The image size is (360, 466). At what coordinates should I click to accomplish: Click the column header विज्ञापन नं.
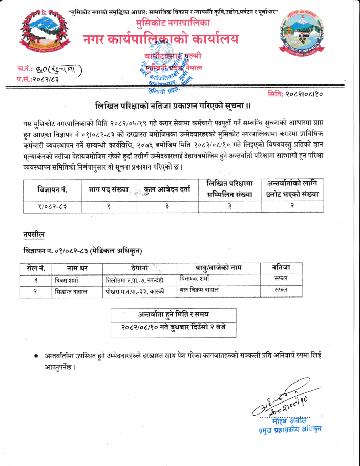coord(52,190)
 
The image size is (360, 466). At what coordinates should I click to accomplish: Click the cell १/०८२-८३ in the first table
coord(52,207)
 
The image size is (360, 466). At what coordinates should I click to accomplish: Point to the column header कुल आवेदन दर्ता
coord(167,190)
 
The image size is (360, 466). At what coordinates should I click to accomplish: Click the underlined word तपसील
coord(34,234)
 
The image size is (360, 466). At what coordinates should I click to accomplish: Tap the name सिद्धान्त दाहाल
coord(71,291)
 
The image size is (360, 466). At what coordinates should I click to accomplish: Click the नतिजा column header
coord(281,268)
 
